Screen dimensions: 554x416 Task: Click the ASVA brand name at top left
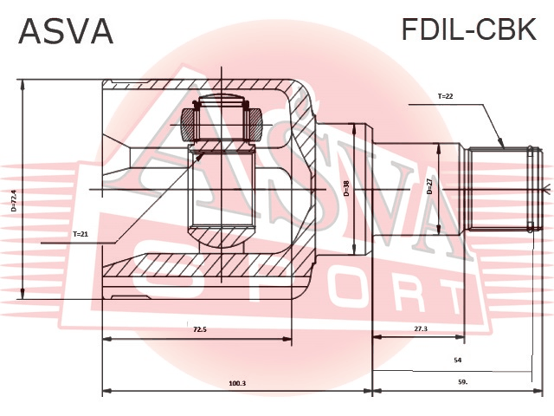[66, 31]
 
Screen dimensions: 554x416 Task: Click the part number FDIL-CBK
[469, 29]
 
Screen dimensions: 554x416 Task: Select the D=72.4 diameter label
[14, 201]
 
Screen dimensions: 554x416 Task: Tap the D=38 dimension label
[346, 189]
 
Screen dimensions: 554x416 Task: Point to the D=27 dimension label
[429, 186]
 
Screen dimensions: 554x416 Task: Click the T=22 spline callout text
[445, 96]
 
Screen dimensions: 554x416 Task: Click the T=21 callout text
[81, 234]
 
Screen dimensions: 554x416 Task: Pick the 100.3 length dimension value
[237, 383]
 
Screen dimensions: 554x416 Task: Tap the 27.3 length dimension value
[421, 328]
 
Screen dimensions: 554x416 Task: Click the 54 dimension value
[458, 361]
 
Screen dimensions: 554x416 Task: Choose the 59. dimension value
[462, 382]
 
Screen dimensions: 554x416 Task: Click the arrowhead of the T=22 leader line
[501, 143]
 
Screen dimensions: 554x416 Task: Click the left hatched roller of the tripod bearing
[187, 125]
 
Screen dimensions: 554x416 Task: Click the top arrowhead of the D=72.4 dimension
[23, 84]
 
